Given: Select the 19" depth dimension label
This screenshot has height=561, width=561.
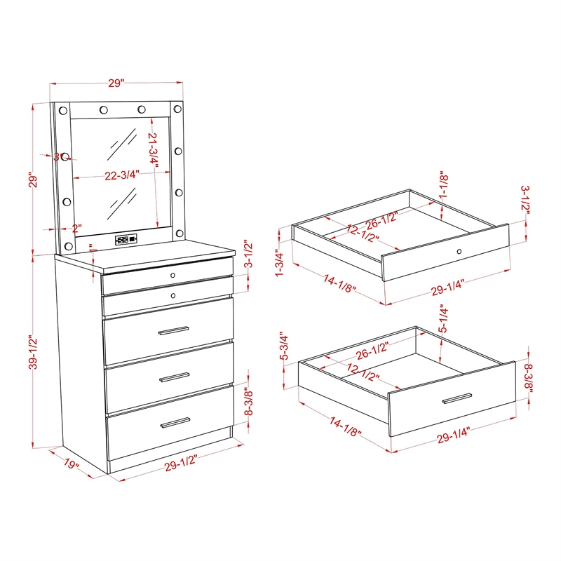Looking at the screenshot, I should (x=71, y=465).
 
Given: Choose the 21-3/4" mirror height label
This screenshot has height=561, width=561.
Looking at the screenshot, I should (x=154, y=149).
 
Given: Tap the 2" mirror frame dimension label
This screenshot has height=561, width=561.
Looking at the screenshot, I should (x=76, y=229).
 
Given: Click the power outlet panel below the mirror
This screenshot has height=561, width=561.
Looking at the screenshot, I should (x=127, y=239).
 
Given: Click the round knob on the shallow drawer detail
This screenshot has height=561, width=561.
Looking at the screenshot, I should (x=459, y=251).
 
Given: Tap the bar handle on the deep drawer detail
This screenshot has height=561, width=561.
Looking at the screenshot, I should (x=458, y=400).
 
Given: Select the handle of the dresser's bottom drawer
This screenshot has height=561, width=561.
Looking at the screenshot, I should (x=175, y=422).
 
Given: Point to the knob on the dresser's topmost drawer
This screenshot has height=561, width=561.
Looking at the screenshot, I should (x=173, y=274).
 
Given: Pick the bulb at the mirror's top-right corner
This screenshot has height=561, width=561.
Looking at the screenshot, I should (x=177, y=109).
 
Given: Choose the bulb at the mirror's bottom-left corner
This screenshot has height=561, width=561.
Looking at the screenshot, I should (x=69, y=246).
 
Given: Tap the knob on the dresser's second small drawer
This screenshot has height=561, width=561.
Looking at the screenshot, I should (x=173, y=296).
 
